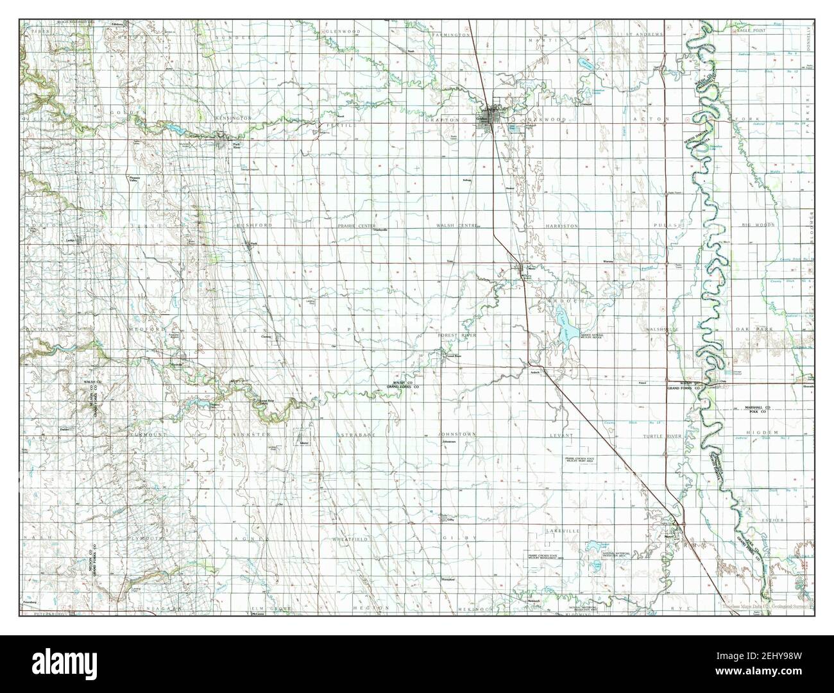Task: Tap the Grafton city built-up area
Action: coord(491,119)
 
